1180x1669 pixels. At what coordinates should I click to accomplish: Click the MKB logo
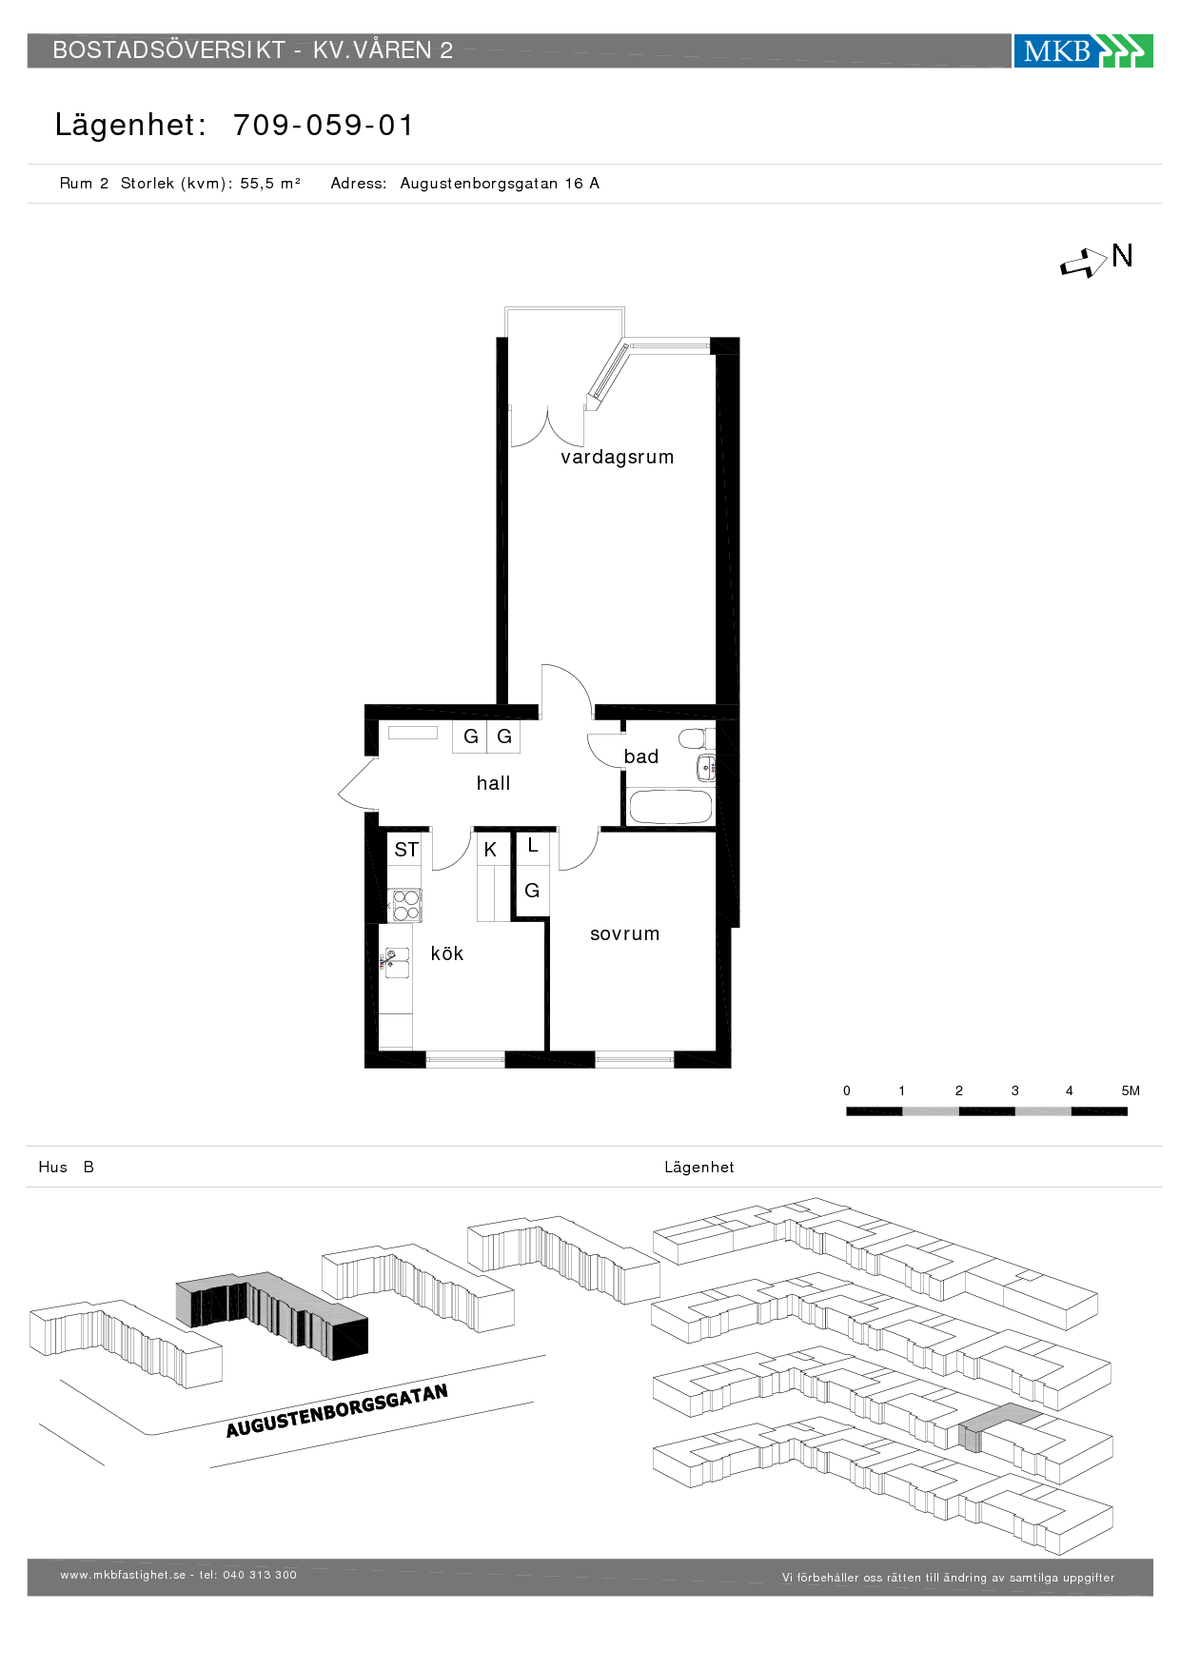[x=1083, y=50]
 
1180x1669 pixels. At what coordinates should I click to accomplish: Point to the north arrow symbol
[x=1084, y=263]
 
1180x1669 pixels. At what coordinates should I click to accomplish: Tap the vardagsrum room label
[x=618, y=458]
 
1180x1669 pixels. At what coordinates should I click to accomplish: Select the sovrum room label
[x=624, y=934]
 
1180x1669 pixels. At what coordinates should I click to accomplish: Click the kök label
[x=447, y=953]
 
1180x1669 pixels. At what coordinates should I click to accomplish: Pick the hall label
[x=493, y=783]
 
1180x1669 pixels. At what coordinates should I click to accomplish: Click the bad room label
[x=641, y=756]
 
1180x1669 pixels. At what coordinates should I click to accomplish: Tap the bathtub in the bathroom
[x=671, y=807]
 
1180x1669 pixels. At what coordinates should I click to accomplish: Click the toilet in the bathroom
[x=697, y=738]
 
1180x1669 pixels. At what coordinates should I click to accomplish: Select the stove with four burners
[x=406, y=905]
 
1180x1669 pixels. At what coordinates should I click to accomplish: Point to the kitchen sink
[x=397, y=963]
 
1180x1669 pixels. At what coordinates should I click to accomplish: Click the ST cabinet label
[x=406, y=850]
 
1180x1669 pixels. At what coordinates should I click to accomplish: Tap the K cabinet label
[x=490, y=850]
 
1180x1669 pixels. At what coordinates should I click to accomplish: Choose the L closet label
[x=533, y=845]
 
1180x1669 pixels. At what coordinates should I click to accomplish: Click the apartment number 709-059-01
[x=324, y=125]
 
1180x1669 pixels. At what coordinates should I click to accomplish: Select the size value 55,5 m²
[x=270, y=184]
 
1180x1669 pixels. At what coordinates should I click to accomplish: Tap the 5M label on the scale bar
[x=1131, y=1090]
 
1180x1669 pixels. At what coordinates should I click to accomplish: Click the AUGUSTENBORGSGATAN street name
[x=337, y=1411]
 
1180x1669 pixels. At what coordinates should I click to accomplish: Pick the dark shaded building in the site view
[x=272, y=1315]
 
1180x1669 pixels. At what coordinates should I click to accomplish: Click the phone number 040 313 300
[x=260, y=1575]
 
